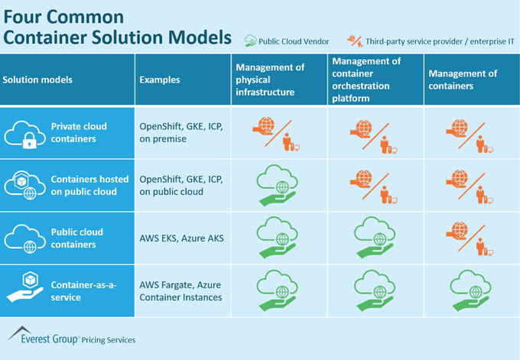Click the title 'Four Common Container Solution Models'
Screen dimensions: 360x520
tap(119, 27)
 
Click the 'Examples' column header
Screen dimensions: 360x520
tap(160, 79)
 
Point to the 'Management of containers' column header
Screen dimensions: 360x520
tap(463, 79)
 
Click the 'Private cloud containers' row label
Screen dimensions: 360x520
tap(79, 131)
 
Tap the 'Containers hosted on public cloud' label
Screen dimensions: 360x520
tap(85, 185)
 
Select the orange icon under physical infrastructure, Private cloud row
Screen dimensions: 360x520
tap(274, 132)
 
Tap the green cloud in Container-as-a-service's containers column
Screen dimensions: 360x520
tap(468, 289)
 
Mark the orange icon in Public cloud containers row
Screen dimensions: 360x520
tap(468, 237)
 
